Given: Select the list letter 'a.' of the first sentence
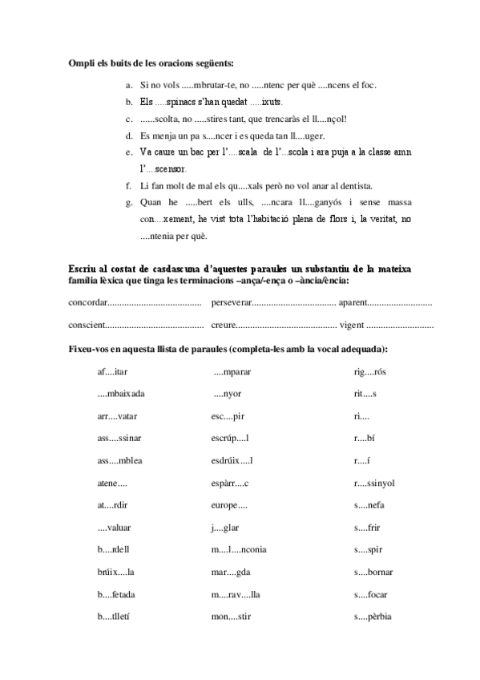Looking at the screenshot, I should (131, 85).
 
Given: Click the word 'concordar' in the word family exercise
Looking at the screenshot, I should (87, 303).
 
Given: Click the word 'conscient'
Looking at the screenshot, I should (87, 326).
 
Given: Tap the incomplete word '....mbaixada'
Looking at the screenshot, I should (121, 394).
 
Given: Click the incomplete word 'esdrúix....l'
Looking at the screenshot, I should (232, 460).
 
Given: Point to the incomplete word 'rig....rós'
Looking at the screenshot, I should (370, 371).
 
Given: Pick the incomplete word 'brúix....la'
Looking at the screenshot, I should (115, 572).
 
